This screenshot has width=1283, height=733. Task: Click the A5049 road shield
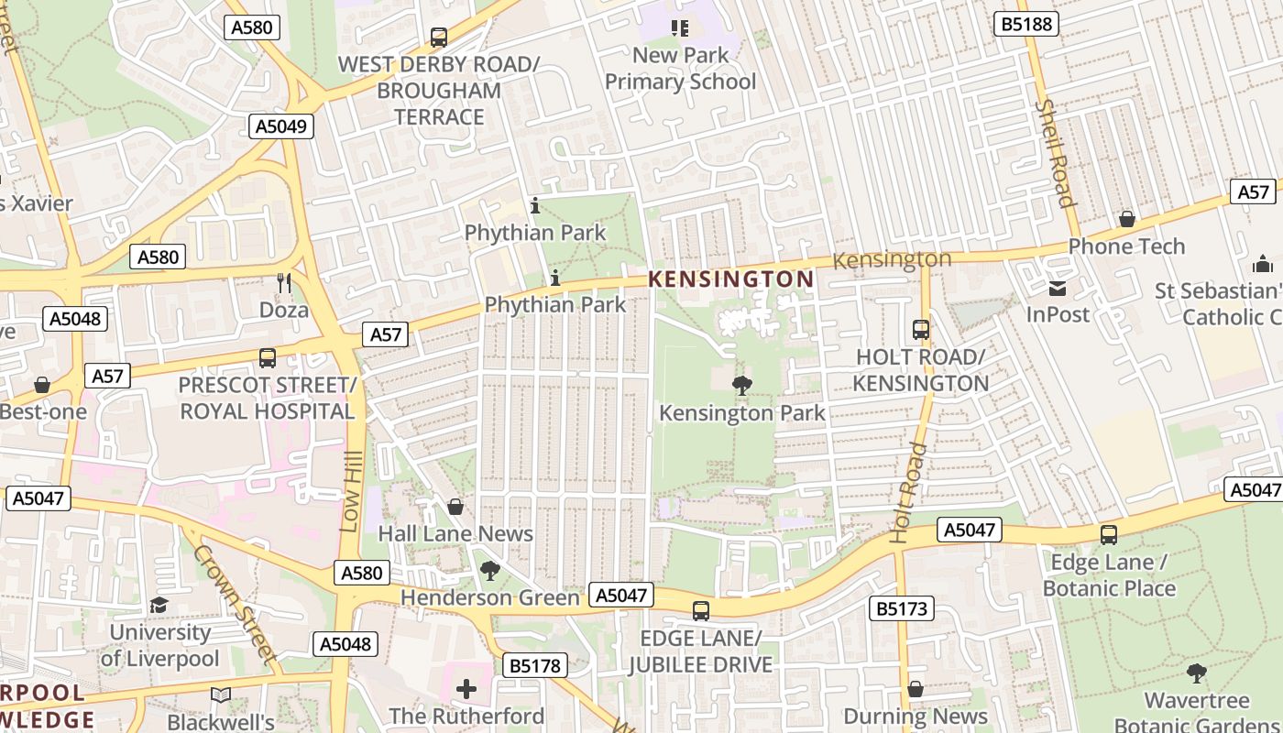coord(281,126)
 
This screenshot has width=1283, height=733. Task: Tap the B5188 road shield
coord(1026,24)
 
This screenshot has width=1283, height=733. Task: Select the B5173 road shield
coord(902,607)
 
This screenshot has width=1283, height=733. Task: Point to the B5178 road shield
coord(534,665)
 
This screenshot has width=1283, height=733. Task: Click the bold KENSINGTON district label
coord(731,279)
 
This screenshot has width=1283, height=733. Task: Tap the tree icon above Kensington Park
coord(742,386)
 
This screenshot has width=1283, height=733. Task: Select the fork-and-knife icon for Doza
coord(284,283)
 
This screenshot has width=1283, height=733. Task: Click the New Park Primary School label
coord(681,68)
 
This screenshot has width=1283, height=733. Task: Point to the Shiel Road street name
coord(1054,153)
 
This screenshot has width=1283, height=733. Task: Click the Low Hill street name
coord(352,491)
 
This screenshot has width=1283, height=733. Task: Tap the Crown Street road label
coord(235,604)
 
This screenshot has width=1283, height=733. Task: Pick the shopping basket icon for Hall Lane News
coord(455,507)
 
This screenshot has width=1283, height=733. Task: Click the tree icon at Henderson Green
coord(490,571)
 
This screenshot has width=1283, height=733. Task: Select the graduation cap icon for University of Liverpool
coord(159,606)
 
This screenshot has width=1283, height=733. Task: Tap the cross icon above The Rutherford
coord(466,688)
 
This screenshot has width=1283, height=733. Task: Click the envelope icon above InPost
coord(1057,289)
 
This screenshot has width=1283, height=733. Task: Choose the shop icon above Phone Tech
coord(1126,219)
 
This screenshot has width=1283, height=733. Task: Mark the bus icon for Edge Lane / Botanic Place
coord(1109,534)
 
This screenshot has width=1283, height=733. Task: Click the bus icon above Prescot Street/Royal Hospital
coord(268,358)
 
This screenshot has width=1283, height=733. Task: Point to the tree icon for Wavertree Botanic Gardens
coord(1196,674)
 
